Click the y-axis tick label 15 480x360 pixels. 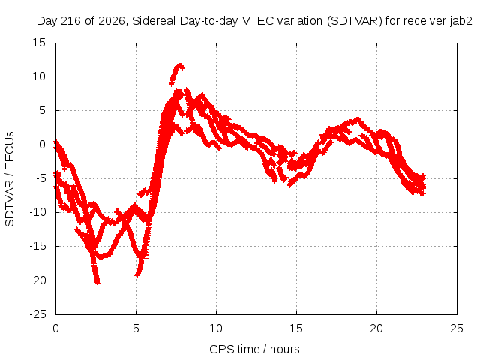pos(39,43)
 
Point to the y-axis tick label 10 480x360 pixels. pos(39,76)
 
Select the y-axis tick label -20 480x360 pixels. pos(37,280)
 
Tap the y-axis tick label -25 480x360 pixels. pos(37,314)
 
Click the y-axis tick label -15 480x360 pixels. pos(37,246)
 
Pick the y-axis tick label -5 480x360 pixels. pos(40,178)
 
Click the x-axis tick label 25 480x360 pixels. pos(457,328)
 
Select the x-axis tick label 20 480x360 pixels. pos(376,328)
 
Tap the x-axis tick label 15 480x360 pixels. pos(296,328)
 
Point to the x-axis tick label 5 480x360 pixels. pos(136,328)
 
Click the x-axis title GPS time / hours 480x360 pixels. pos(254,349)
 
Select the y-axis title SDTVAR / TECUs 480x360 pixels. pos(10,179)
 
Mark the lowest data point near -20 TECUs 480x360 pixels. pos(97,282)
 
